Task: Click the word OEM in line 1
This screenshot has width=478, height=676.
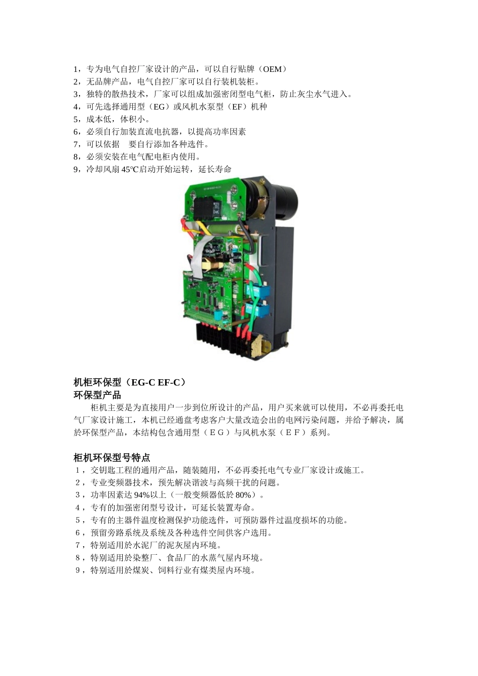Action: point(273,69)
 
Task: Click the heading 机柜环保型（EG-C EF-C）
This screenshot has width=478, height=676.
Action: point(129,382)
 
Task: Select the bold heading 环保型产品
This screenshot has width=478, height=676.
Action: point(97,395)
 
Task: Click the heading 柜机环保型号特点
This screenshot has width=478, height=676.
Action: point(112,458)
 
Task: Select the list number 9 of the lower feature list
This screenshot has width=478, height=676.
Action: point(77,570)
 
